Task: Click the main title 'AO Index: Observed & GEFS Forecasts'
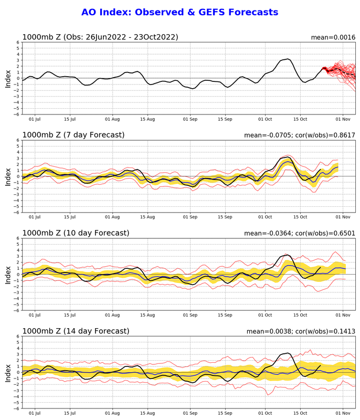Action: click(x=179, y=12)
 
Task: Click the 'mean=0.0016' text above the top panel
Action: click(x=333, y=37)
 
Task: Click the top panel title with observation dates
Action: click(x=100, y=37)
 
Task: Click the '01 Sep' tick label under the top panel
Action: click(x=190, y=119)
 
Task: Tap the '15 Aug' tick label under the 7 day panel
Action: click(x=147, y=217)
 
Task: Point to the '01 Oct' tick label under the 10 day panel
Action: click(x=265, y=315)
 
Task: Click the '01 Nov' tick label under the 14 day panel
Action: click(x=343, y=413)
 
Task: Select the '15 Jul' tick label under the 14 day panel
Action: click(x=70, y=413)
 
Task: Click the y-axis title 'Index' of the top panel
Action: click(x=8, y=79)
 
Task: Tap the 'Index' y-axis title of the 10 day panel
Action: click(x=8, y=275)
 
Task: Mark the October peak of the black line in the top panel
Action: click(x=288, y=59)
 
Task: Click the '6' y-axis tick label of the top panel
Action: click(x=18, y=43)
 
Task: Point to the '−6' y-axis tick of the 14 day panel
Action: click(x=17, y=408)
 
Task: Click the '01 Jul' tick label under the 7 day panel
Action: click(x=35, y=217)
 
